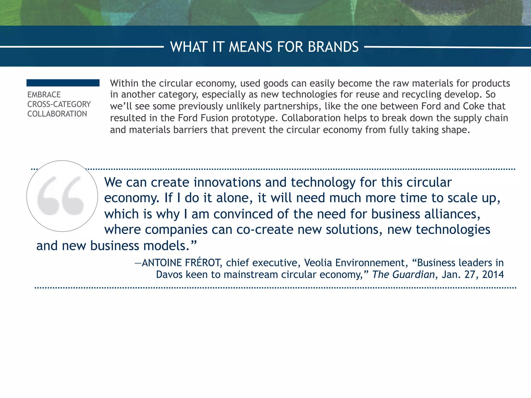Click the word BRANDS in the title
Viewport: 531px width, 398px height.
[333, 47]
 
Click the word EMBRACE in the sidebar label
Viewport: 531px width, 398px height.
[44, 95]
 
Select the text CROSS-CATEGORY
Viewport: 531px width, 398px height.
[59, 104]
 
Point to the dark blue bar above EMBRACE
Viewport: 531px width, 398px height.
[63, 83]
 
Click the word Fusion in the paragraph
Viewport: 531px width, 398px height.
[216, 118]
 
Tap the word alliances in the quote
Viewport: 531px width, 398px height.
[451, 214]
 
